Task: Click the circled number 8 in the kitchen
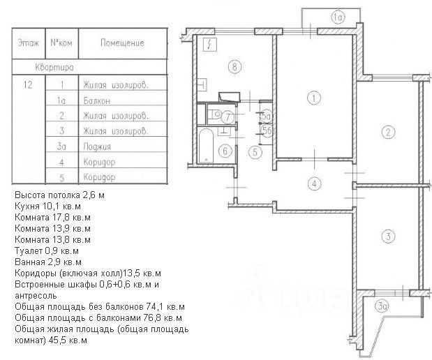[x=235, y=68]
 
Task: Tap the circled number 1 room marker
[x=315, y=98]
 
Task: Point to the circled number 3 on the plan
[x=388, y=237]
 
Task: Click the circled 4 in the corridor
[x=315, y=184]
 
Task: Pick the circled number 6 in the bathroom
[x=224, y=150]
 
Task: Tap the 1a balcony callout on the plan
[x=337, y=17]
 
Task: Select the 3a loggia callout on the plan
[x=382, y=306]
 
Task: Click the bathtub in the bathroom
[x=207, y=145]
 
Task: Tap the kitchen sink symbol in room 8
[x=230, y=97]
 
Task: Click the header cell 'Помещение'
[x=122, y=43]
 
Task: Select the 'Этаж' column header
[x=29, y=43]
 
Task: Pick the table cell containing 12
[x=29, y=85]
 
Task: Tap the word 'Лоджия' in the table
[x=95, y=147]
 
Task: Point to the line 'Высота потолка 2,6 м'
[x=59, y=195]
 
